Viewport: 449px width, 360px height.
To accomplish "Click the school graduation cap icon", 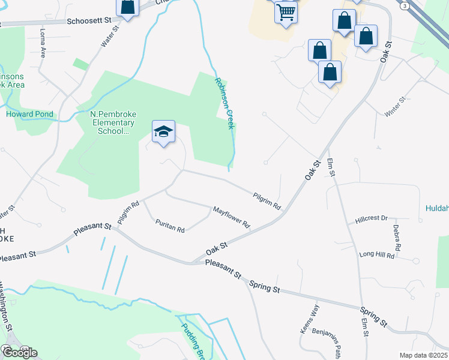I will click(163, 132).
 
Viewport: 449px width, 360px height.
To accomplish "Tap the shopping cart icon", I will click(286, 11).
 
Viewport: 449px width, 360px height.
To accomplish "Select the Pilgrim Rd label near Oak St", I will click(267, 200).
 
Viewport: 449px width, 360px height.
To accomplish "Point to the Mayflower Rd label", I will click(231, 217).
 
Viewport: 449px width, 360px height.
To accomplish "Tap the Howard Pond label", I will click(29, 114).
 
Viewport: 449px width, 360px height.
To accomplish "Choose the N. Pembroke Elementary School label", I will click(110, 122).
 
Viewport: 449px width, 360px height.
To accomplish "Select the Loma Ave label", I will click(43, 40).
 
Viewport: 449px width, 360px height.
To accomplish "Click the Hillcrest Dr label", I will click(372, 218).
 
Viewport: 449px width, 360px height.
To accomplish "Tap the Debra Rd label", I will click(397, 238).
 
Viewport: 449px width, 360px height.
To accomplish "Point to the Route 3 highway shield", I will click(406, 5).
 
